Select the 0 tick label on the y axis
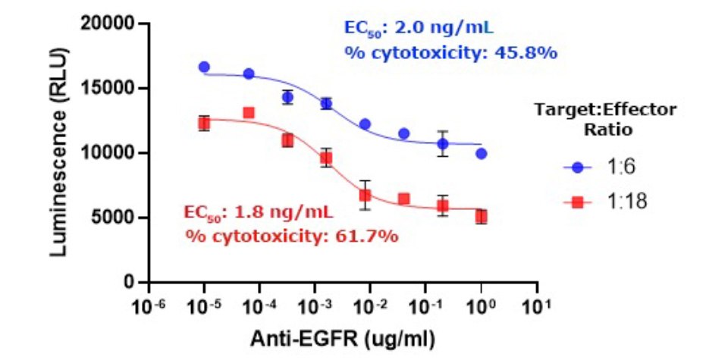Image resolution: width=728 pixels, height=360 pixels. [x=130, y=283]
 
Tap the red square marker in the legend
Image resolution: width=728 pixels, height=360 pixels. [x=579, y=202]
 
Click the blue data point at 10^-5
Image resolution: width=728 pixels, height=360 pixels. [x=204, y=67]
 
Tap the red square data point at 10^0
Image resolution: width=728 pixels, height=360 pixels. [x=481, y=217]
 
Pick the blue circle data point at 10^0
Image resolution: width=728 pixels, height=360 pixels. [x=481, y=153]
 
